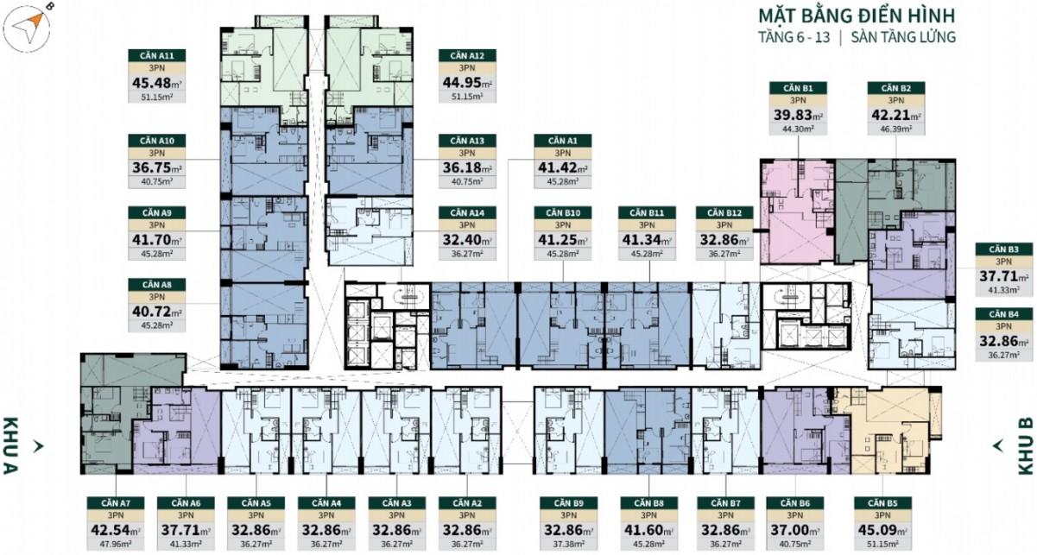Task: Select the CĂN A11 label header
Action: (156, 55)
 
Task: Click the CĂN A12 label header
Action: (467, 55)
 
